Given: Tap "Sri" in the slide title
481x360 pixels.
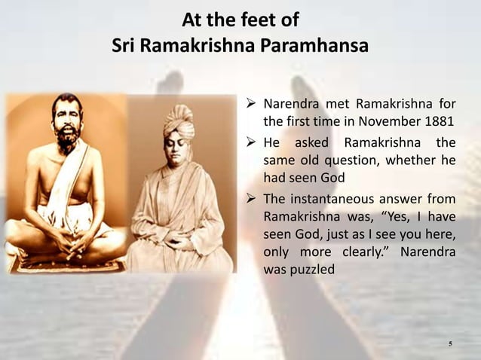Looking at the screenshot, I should tap(126, 47).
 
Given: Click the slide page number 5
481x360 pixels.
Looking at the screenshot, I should tap(450, 345).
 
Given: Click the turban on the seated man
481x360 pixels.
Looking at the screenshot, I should tap(179, 120).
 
